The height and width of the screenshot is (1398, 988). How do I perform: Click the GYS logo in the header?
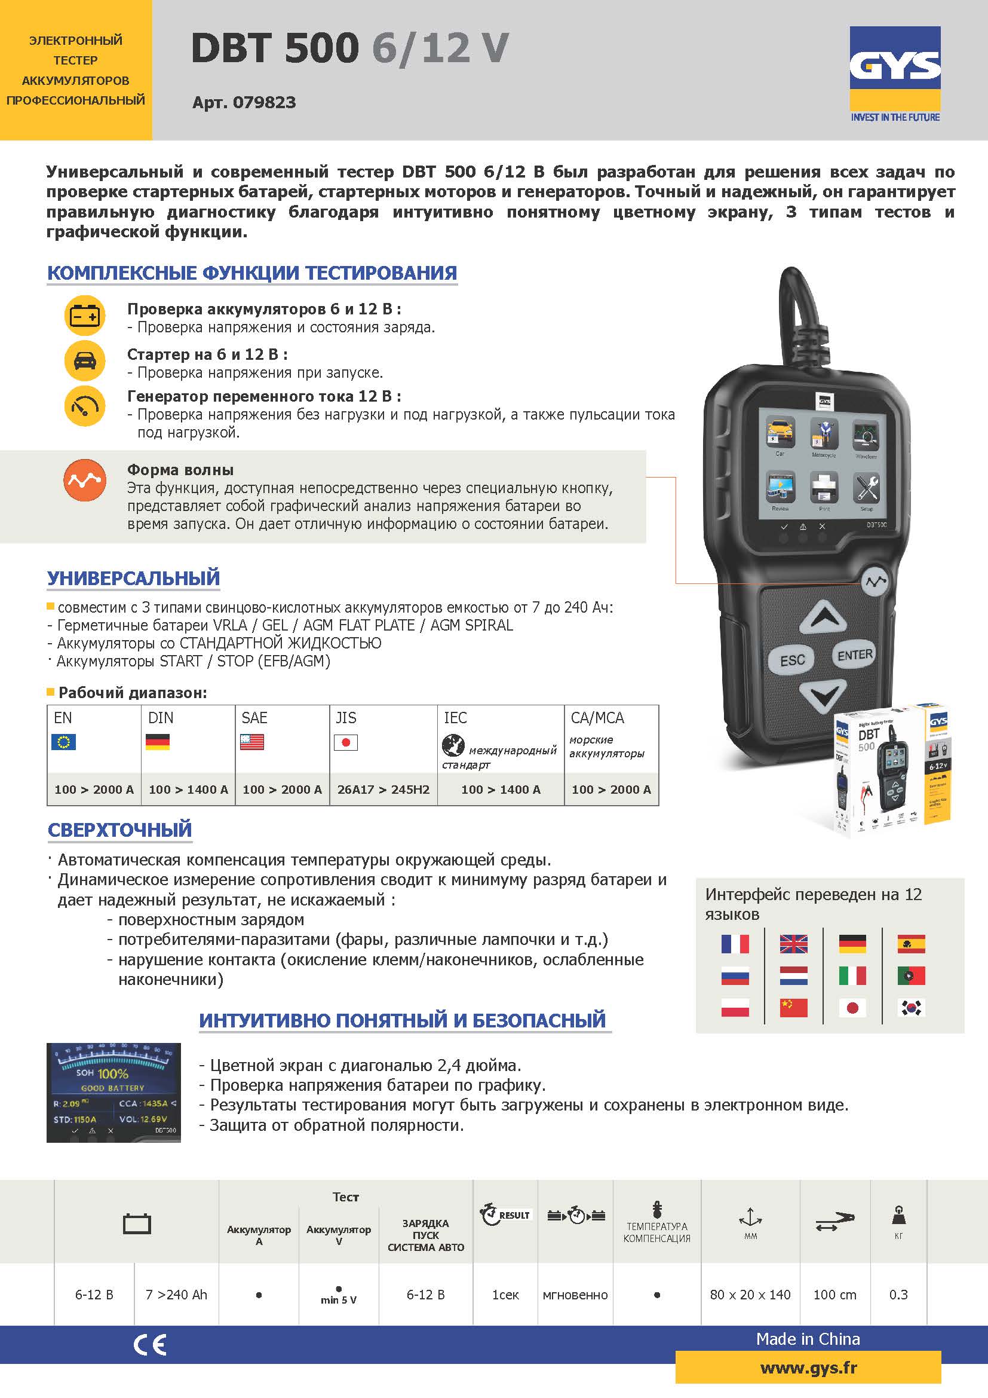[x=894, y=67]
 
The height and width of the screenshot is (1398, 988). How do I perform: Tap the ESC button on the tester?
[x=792, y=660]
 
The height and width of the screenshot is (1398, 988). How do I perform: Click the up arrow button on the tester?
[x=823, y=618]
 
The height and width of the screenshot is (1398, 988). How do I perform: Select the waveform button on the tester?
[x=876, y=582]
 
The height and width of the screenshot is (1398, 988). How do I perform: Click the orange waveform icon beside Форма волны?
[x=85, y=480]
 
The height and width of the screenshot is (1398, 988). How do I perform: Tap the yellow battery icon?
[x=85, y=316]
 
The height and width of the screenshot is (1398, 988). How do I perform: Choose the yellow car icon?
[x=85, y=361]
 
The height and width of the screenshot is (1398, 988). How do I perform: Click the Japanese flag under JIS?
[x=345, y=742]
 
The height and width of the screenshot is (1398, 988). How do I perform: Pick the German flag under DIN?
[x=158, y=742]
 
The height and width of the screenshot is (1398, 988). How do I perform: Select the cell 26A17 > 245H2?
[x=383, y=790]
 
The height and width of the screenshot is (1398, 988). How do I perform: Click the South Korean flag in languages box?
[x=911, y=1008]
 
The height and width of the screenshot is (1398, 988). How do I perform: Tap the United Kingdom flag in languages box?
[x=793, y=944]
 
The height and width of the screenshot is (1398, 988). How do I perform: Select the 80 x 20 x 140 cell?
[x=750, y=1295]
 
